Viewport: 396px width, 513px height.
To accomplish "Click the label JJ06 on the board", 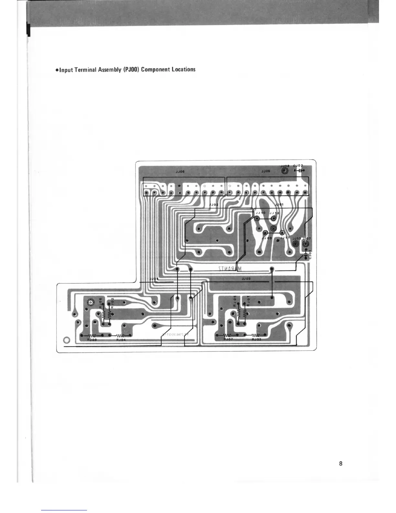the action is point(180,172).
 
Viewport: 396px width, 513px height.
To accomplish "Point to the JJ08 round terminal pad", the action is point(285,171).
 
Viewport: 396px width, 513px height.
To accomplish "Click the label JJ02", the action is point(214,205).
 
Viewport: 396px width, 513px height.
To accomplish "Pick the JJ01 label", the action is point(279,205).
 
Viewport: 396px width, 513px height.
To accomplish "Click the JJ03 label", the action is point(246,279).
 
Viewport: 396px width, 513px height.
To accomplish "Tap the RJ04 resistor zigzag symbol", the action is point(120,336).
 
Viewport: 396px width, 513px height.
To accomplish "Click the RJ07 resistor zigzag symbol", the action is point(228,335).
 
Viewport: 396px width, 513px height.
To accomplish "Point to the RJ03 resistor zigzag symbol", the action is point(256,335).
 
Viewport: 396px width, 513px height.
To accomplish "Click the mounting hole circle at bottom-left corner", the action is point(67,340).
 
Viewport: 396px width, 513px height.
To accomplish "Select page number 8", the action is point(341,463).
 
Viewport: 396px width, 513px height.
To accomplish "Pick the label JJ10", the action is point(260,213).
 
